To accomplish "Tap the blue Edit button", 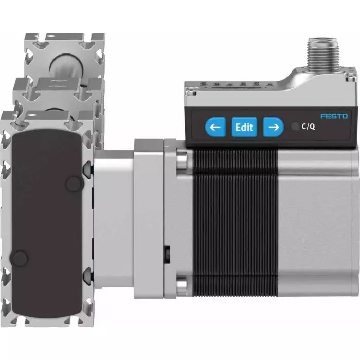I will tap(244, 127).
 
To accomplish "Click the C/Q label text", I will tap(308, 127).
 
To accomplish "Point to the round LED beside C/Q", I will tap(294, 127).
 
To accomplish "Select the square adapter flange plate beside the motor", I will tap(149, 219).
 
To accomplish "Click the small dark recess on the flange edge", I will tap(167, 254).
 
